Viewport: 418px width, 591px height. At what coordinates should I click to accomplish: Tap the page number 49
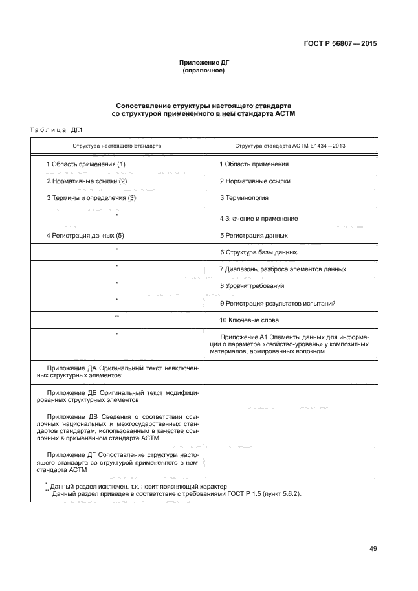tap(373, 548)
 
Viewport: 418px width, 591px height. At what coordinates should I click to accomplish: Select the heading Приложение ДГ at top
tap(204, 62)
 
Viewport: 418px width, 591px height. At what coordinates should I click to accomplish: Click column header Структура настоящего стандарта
tap(117, 146)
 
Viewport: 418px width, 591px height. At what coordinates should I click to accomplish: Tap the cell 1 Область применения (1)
tap(85, 164)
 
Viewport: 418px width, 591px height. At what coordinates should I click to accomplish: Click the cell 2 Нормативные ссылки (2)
tap(87, 181)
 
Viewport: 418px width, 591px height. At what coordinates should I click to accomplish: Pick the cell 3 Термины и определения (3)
tap(91, 198)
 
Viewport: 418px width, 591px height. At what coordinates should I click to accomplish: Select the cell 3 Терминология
tap(244, 198)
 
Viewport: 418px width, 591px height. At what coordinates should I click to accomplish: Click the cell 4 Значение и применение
tap(259, 219)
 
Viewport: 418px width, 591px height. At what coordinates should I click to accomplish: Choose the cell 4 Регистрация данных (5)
tap(85, 236)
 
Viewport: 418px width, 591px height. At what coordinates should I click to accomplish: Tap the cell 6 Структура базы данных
tap(259, 252)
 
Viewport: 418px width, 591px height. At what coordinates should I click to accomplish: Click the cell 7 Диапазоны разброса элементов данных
tap(283, 269)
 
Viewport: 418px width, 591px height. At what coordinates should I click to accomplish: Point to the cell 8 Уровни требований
tap(252, 286)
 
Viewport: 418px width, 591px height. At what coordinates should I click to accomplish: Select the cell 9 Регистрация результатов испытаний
tap(278, 303)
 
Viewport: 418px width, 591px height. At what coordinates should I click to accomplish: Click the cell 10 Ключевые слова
tap(250, 320)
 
